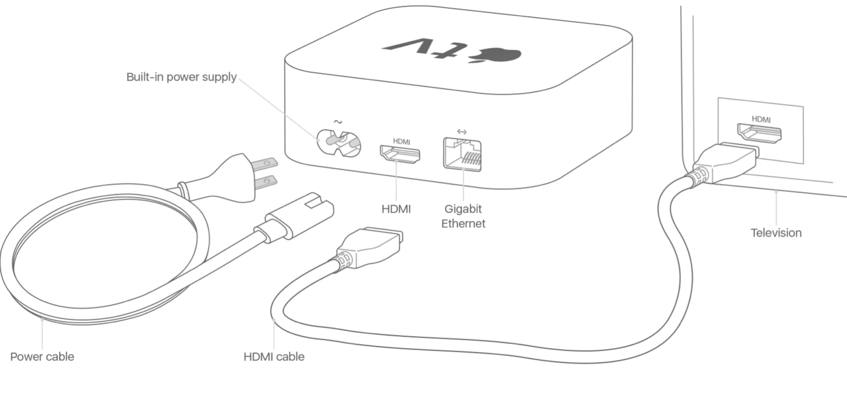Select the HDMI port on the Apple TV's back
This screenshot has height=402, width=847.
coord(400,154)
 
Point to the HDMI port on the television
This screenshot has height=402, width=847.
coord(759,133)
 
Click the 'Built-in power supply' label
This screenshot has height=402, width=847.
coord(181,77)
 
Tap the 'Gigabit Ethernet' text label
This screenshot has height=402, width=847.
coord(463,216)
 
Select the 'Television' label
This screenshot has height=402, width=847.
coord(776,233)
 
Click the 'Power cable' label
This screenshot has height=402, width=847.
coord(42,357)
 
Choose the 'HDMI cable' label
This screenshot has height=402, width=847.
coord(274,357)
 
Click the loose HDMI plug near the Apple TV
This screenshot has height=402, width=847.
coord(371,247)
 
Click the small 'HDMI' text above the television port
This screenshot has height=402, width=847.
coord(761,119)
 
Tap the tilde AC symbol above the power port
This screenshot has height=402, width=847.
coord(338,122)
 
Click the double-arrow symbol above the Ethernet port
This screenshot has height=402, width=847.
coord(462,131)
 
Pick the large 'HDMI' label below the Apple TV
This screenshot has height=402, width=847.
coord(396,209)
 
